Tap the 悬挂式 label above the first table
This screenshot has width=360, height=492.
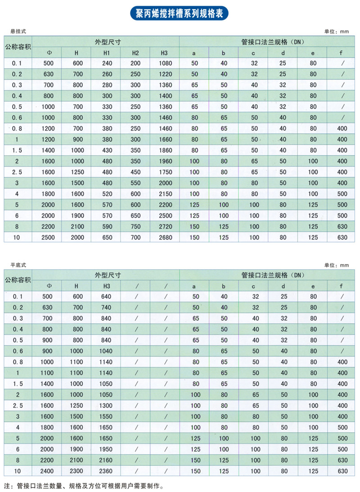[x=18, y=32]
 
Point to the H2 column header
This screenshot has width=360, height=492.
[x=135, y=53]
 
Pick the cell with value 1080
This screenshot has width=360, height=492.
[x=165, y=63]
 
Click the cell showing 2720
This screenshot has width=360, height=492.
[x=165, y=226]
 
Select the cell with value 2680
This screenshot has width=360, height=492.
[x=165, y=237]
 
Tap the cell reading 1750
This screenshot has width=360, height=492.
[x=165, y=172]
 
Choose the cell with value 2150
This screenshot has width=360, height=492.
[x=165, y=194]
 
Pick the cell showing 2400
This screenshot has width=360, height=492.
[x=47, y=471]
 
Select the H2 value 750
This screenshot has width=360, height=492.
[x=135, y=226]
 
